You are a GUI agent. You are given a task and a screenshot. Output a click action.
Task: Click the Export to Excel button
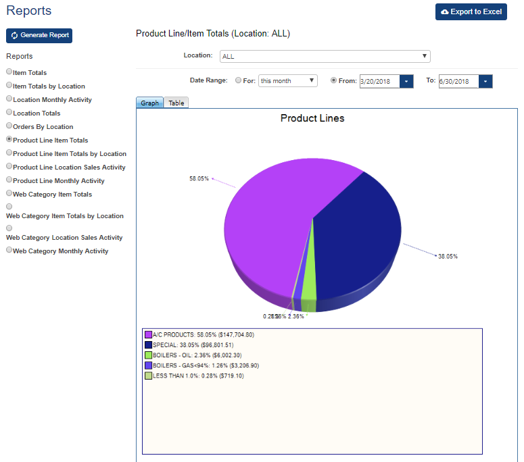coord(471,12)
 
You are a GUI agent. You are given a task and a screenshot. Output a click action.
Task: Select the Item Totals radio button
coord(9,72)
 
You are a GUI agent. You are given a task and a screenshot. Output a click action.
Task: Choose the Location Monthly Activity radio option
coord(9,99)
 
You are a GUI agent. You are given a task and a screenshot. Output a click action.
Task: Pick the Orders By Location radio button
coord(9,126)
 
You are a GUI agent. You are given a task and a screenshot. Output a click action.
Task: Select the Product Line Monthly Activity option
coord(9,180)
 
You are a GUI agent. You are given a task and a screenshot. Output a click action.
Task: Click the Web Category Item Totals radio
coord(9,193)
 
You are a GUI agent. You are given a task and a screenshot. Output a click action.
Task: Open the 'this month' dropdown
coord(287,81)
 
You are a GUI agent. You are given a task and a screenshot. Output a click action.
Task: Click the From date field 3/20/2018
coord(379,81)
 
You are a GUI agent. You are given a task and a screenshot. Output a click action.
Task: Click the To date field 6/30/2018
coord(458,81)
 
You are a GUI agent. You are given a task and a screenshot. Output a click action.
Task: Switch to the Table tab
coord(176,103)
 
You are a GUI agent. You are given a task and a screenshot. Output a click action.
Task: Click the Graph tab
coord(149,103)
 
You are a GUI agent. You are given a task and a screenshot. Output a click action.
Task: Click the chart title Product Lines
coord(312,118)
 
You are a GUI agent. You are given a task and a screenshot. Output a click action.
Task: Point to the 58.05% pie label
coord(199,179)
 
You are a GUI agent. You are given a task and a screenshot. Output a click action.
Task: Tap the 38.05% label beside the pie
coord(448,257)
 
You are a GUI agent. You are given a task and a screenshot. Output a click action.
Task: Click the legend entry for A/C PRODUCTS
coord(203,335)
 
